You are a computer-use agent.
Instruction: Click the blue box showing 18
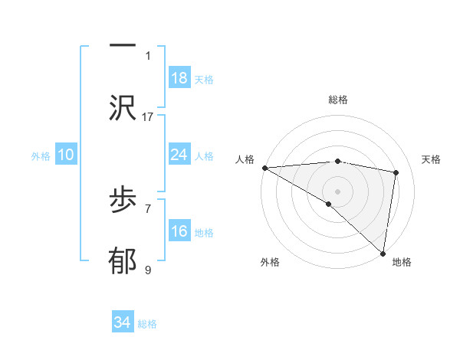point(179,78)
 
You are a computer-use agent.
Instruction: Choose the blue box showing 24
point(179,155)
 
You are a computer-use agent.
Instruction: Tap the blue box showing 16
point(179,231)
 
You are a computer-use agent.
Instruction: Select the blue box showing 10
point(66,155)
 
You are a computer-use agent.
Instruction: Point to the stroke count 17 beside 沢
point(148,116)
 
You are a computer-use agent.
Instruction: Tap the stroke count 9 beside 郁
point(148,270)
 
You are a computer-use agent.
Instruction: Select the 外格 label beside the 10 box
point(41,156)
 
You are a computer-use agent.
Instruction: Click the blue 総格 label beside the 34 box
point(147,324)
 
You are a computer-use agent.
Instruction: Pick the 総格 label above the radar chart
point(337,100)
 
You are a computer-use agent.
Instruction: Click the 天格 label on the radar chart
point(432,159)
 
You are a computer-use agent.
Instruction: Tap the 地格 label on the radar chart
point(402,262)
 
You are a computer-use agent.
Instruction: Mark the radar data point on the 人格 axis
point(264,168)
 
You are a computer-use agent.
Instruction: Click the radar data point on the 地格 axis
point(382,252)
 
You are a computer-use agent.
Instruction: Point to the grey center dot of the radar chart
point(337,190)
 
